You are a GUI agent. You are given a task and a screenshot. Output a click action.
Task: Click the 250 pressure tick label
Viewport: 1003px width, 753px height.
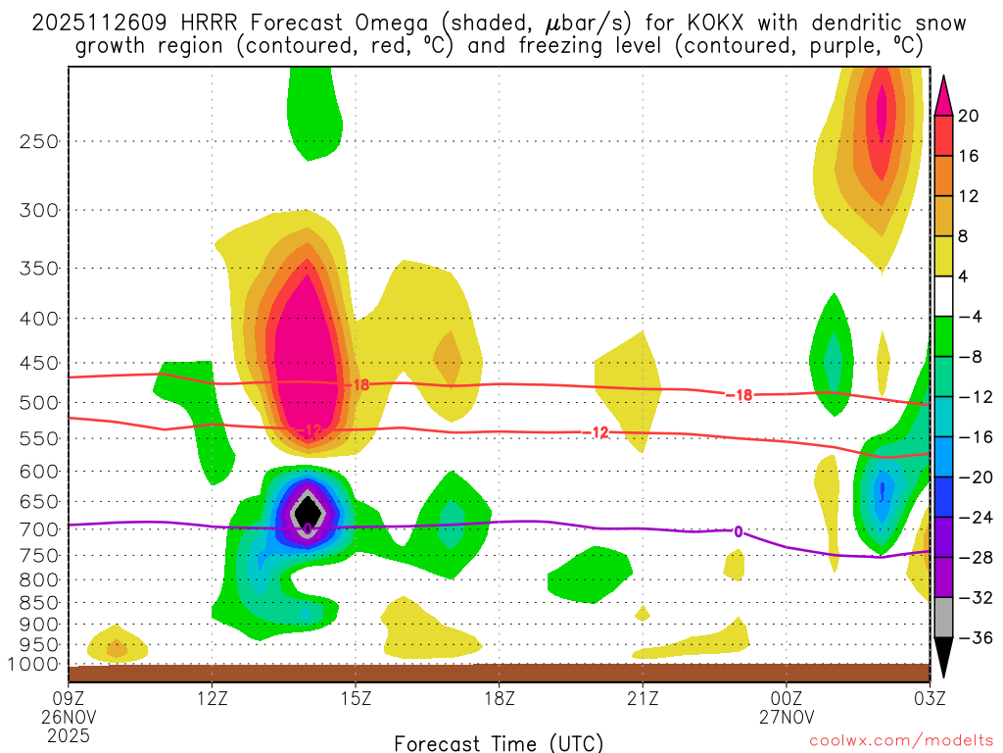[39, 141]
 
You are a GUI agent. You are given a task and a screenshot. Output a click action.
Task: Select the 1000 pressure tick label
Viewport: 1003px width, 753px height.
[35, 665]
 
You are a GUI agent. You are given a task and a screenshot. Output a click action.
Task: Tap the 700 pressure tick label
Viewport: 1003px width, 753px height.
[39, 529]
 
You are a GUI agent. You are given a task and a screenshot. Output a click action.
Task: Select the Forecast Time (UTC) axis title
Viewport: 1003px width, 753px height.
[499, 742]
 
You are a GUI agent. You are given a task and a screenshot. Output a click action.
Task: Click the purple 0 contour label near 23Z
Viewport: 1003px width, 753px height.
[738, 531]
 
